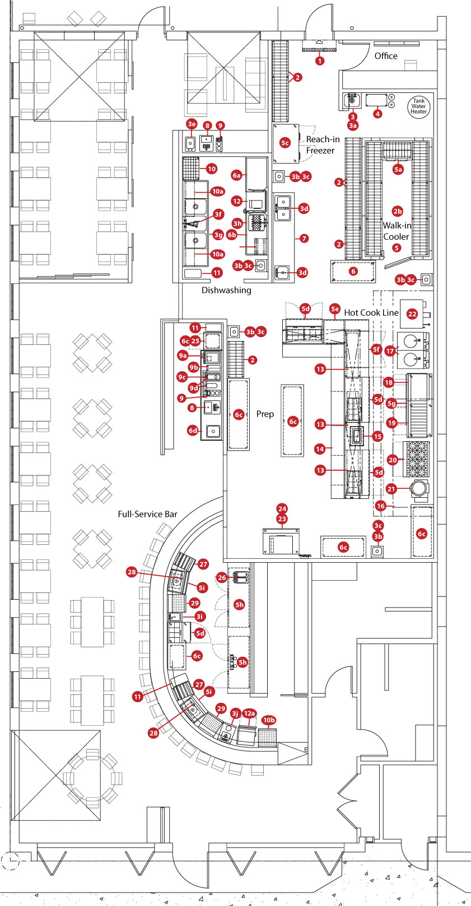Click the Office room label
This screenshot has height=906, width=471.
tap(386, 56)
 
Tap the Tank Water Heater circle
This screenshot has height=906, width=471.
tap(418, 106)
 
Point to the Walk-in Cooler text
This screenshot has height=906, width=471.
tap(397, 231)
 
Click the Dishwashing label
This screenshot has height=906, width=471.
tap(226, 290)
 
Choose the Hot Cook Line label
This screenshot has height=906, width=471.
tap(371, 312)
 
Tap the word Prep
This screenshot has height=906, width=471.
tap(265, 414)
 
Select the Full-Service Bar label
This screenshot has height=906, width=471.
tap(147, 514)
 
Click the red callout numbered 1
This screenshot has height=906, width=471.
tap(320, 60)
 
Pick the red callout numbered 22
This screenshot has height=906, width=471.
tap(412, 314)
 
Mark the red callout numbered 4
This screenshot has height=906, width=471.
tap(377, 114)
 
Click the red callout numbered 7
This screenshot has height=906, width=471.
tap(304, 239)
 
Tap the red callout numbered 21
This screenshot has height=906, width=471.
tap(391, 489)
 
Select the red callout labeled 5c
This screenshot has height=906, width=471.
tap(285, 143)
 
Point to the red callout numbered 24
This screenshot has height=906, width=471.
tap(282, 509)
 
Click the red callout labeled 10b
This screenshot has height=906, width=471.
tap(269, 720)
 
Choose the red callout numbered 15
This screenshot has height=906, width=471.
tap(377, 436)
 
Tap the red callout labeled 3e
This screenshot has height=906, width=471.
tap(192, 124)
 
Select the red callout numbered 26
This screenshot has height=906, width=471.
tap(222, 578)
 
